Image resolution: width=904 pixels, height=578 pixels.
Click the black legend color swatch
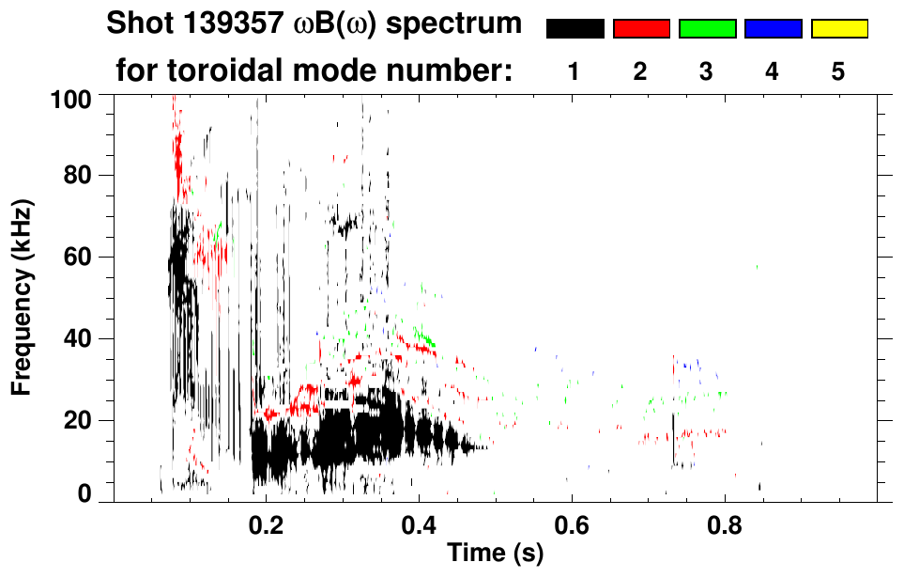pos(575,29)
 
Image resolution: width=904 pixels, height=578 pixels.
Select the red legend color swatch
pos(641,29)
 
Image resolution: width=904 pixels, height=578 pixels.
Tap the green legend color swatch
pos(707,29)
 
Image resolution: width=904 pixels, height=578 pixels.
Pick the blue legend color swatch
pos(773,29)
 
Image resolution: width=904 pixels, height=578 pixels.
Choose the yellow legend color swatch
pos(838,29)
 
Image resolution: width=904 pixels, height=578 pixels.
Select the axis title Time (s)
pos(494,554)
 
